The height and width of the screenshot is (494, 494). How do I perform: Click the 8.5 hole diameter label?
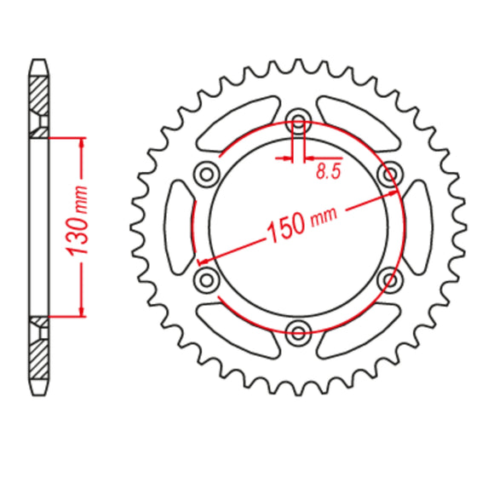coord(329,172)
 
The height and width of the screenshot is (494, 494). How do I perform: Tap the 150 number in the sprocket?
coord(286,227)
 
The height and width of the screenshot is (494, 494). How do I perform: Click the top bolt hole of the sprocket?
coord(299,120)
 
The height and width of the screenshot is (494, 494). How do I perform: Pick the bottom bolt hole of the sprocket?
coord(299,332)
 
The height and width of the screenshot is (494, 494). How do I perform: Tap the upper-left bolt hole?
coord(207,175)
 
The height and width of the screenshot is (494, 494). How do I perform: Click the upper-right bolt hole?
coord(390,174)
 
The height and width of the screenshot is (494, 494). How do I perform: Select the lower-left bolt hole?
coord(207,279)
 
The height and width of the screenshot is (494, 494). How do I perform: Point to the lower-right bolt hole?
coord(390,279)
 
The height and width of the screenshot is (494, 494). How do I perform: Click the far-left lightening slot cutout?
coord(178,227)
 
